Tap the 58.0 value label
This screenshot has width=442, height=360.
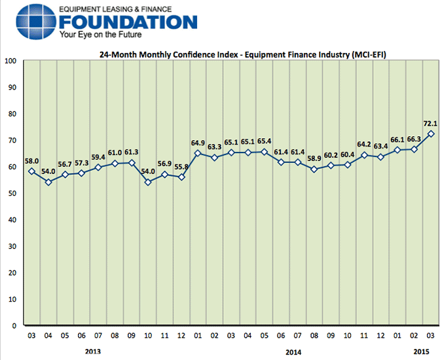(x=31, y=160)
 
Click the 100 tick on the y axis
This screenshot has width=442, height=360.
(x=10, y=61)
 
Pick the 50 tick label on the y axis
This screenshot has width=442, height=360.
(x=12, y=193)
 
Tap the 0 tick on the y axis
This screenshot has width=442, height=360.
(x=14, y=325)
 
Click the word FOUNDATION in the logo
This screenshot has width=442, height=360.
(x=127, y=22)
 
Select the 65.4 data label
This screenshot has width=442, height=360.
(x=264, y=141)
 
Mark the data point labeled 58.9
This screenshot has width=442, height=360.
(x=314, y=169)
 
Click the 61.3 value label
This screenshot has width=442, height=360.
(x=131, y=151)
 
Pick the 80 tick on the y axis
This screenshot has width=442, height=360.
(x=12, y=114)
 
